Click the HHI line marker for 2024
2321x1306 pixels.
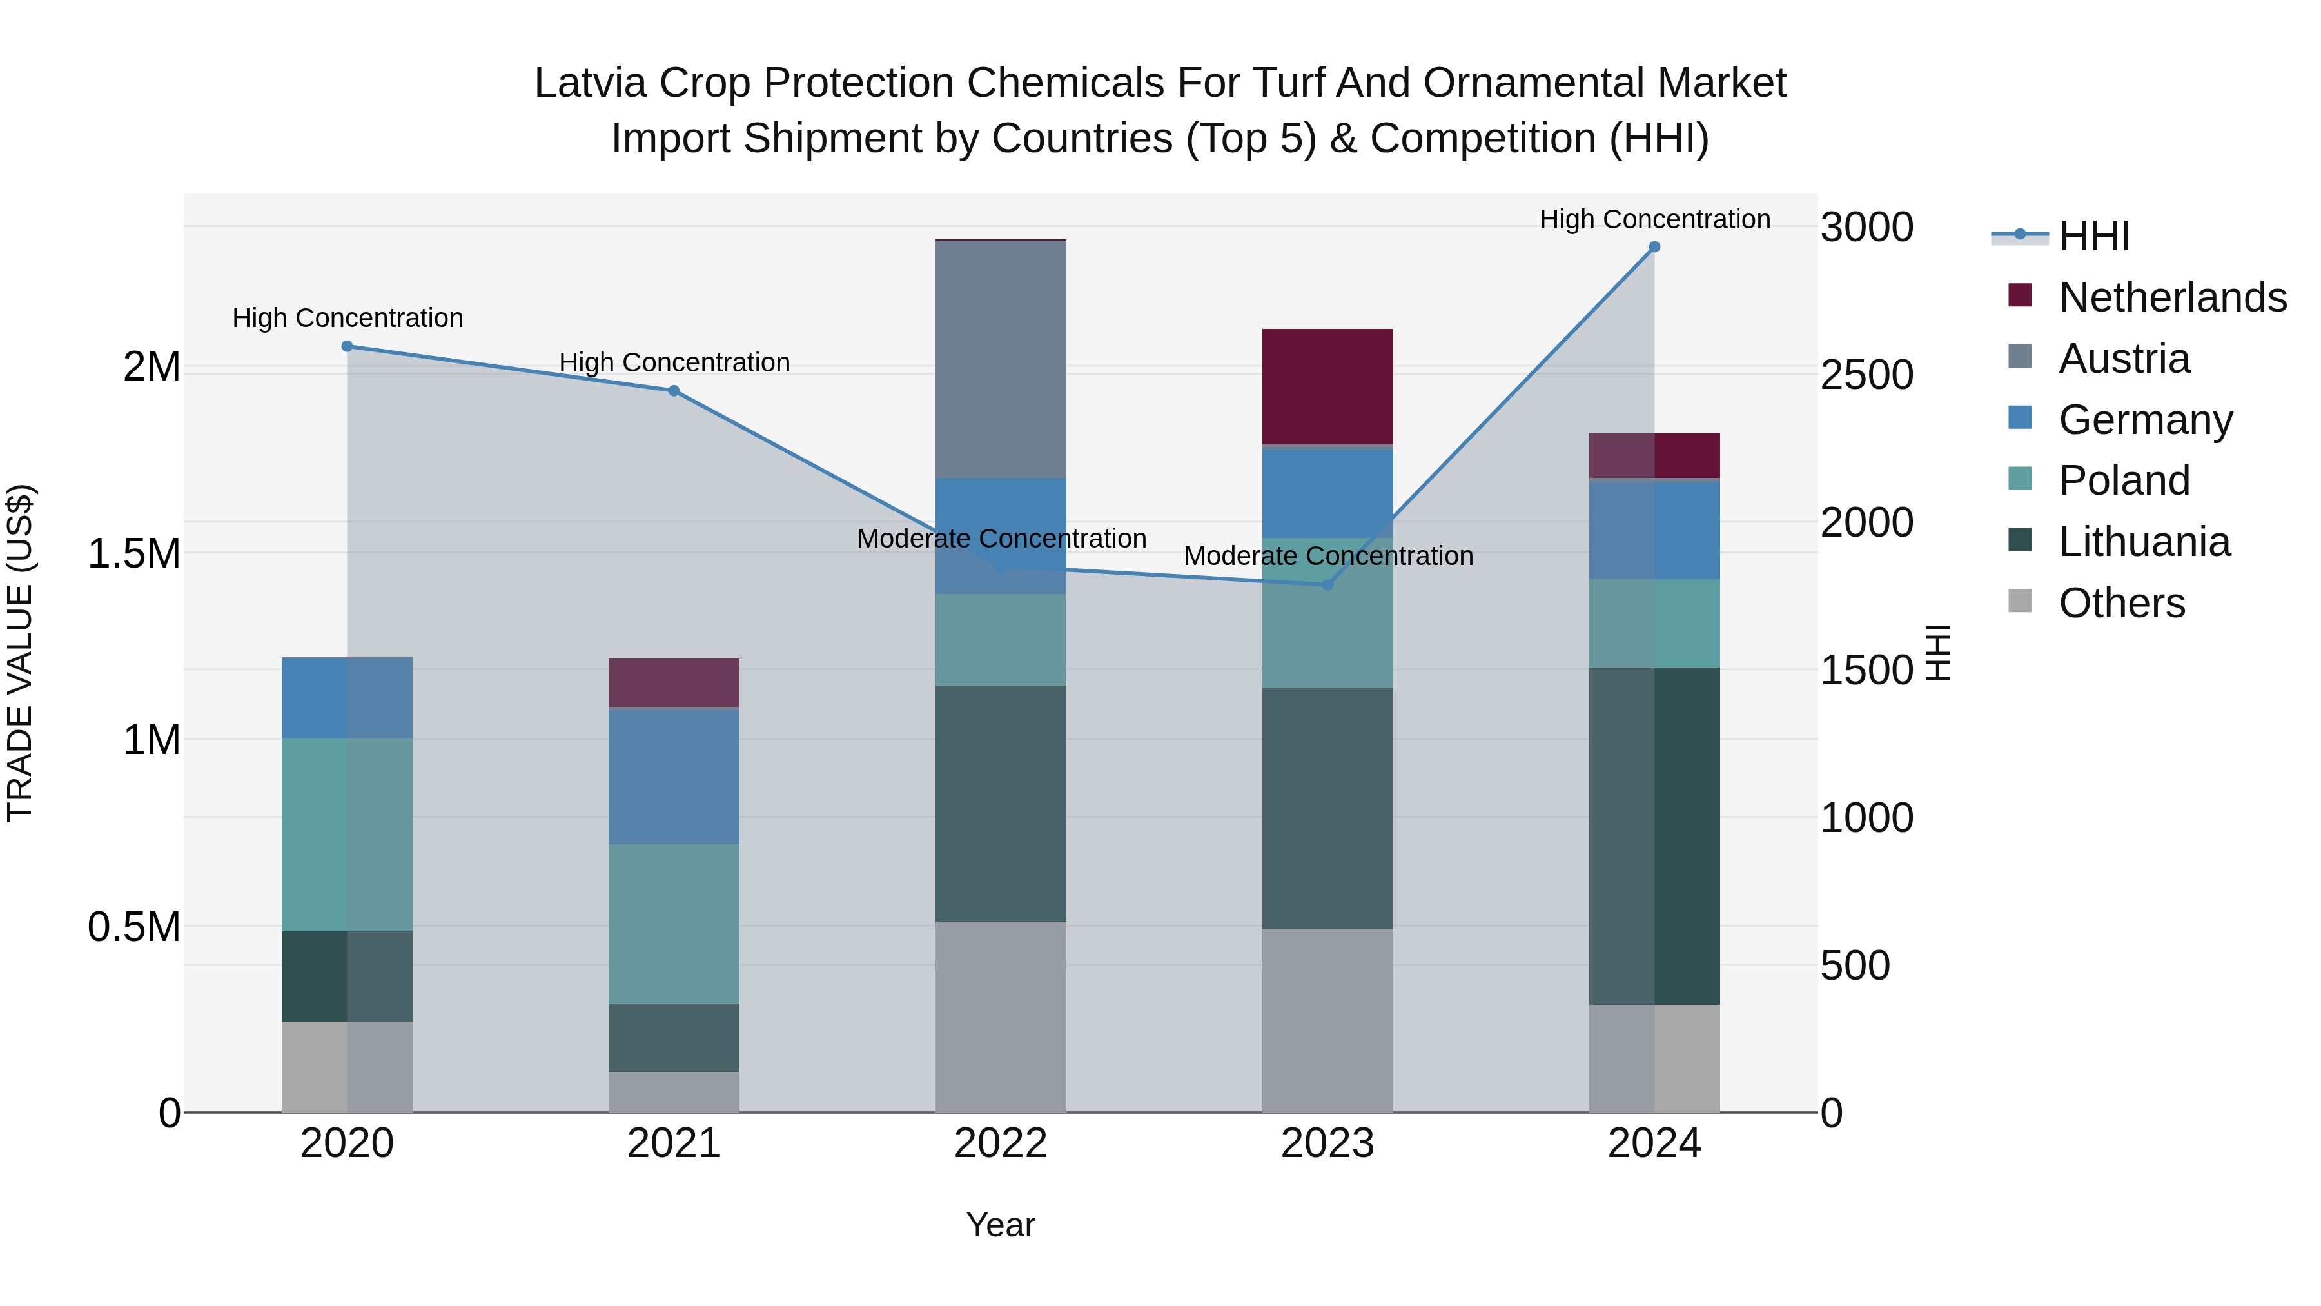(1654, 247)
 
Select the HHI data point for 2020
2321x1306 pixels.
(347, 346)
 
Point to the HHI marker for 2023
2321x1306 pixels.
(1327, 585)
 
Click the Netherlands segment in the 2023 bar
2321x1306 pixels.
(1327, 386)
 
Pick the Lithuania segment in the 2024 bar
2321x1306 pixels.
(1654, 835)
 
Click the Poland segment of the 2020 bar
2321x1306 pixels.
(347, 835)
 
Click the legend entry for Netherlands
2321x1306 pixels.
(2172, 297)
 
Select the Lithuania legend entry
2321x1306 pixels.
(2144, 542)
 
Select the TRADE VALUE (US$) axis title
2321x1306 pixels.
(20, 653)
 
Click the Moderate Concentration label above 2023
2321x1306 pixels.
(1328, 556)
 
